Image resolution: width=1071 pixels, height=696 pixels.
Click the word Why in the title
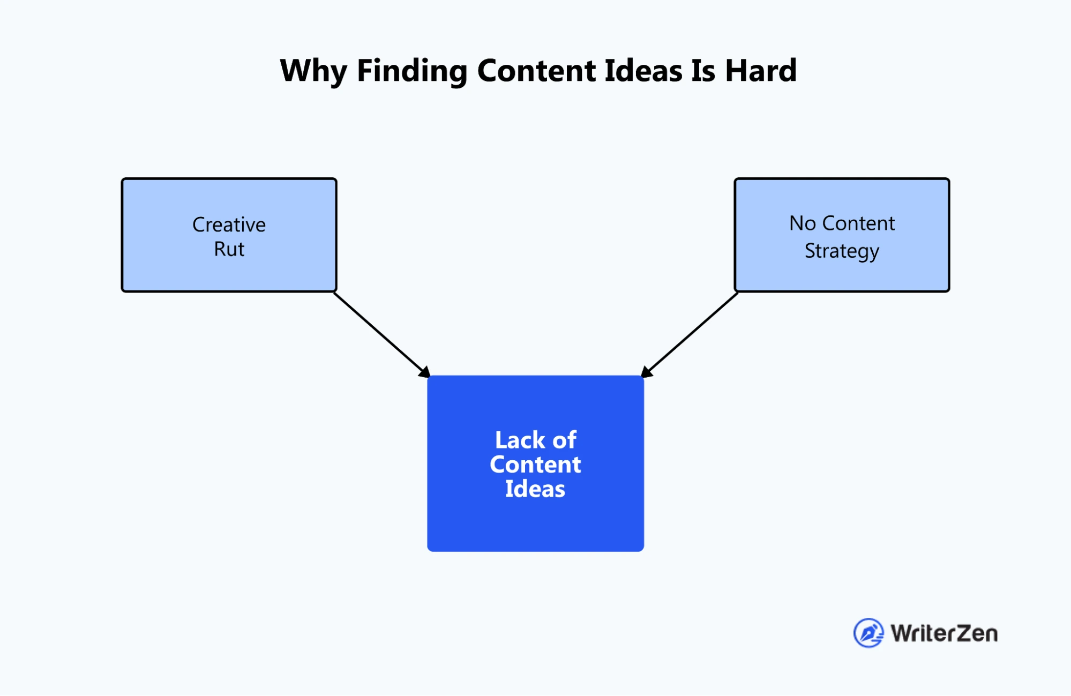tap(313, 71)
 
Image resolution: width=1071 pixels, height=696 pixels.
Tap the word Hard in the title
tap(761, 70)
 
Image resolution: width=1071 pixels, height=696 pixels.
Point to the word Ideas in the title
tap(643, 70)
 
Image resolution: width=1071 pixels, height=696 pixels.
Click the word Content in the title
tap(536, 70)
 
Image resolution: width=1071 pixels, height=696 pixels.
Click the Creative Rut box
tap(229, 235)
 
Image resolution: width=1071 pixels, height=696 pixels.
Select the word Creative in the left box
tap(229, 224)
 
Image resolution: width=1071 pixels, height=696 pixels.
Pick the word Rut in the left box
tap(229, 249)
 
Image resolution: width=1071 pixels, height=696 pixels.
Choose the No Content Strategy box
tap(842, 235)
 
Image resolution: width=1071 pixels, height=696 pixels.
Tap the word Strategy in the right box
tap(842, 251)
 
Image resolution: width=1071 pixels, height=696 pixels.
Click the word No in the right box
tap(803, 223)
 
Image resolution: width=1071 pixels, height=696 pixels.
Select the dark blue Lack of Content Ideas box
tap(536, 463)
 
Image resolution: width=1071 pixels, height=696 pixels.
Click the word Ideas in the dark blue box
tap(535, 489)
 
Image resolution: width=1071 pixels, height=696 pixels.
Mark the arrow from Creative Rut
tap(382, 335)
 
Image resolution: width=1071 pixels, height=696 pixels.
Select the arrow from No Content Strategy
tap(689, 335)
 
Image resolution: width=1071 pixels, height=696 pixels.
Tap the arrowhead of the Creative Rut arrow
tap(425, 372)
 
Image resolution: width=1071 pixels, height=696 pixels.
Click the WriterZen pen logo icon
tap(868, 633)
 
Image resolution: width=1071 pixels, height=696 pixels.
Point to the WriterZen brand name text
tap(944, 633)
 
